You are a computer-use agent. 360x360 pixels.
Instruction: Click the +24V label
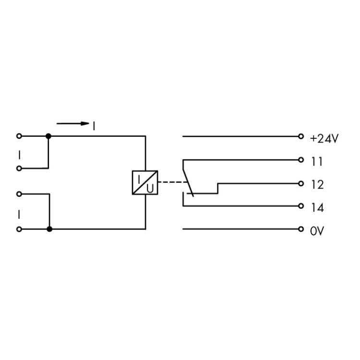coord(324,139)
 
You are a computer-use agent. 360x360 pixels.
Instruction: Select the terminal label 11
coord(317,162)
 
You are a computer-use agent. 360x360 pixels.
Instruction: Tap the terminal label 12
coord(318,185)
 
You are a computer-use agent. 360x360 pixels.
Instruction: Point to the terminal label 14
coord(318,207)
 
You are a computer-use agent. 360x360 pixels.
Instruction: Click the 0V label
coord(317,231)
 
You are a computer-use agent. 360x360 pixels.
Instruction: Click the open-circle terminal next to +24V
coord(301,136)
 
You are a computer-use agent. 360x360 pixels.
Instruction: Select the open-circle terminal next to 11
coord(301,160)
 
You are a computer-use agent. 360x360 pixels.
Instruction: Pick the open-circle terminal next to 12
coord(301,183)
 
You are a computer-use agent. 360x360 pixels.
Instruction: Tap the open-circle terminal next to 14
coord(301,206)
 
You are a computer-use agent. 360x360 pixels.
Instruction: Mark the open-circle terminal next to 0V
coord(301,229)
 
